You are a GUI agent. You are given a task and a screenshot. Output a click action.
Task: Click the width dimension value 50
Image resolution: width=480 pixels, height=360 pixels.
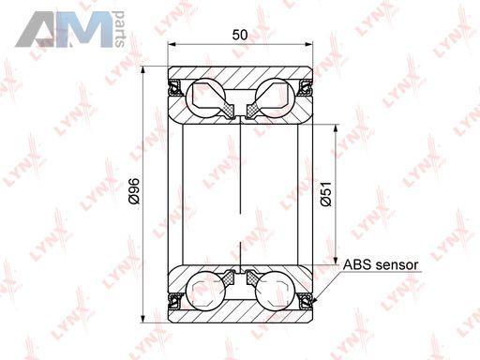[240, 35]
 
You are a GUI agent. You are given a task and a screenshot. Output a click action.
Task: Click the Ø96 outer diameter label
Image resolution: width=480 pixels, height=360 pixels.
[134, 191]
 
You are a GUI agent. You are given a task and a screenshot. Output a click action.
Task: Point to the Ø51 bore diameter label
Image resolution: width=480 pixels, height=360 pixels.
[326, 194]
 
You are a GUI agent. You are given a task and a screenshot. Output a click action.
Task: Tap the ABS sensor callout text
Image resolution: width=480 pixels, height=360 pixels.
[381, 264]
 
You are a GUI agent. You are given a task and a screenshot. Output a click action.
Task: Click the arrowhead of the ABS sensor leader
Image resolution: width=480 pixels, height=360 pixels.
[315, 301]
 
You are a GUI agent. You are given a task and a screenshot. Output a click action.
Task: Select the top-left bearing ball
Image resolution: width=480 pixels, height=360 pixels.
[205, 98]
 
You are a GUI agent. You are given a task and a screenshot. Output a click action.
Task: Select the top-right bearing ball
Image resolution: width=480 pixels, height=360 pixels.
[275, 98]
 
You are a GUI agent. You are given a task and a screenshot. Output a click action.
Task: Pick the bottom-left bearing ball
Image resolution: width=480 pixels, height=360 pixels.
[205, 291]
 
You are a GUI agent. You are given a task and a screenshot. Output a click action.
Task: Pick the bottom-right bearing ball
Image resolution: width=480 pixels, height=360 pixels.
[275, 291]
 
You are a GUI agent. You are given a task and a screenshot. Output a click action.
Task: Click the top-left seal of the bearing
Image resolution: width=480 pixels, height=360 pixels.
[175, 88]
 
